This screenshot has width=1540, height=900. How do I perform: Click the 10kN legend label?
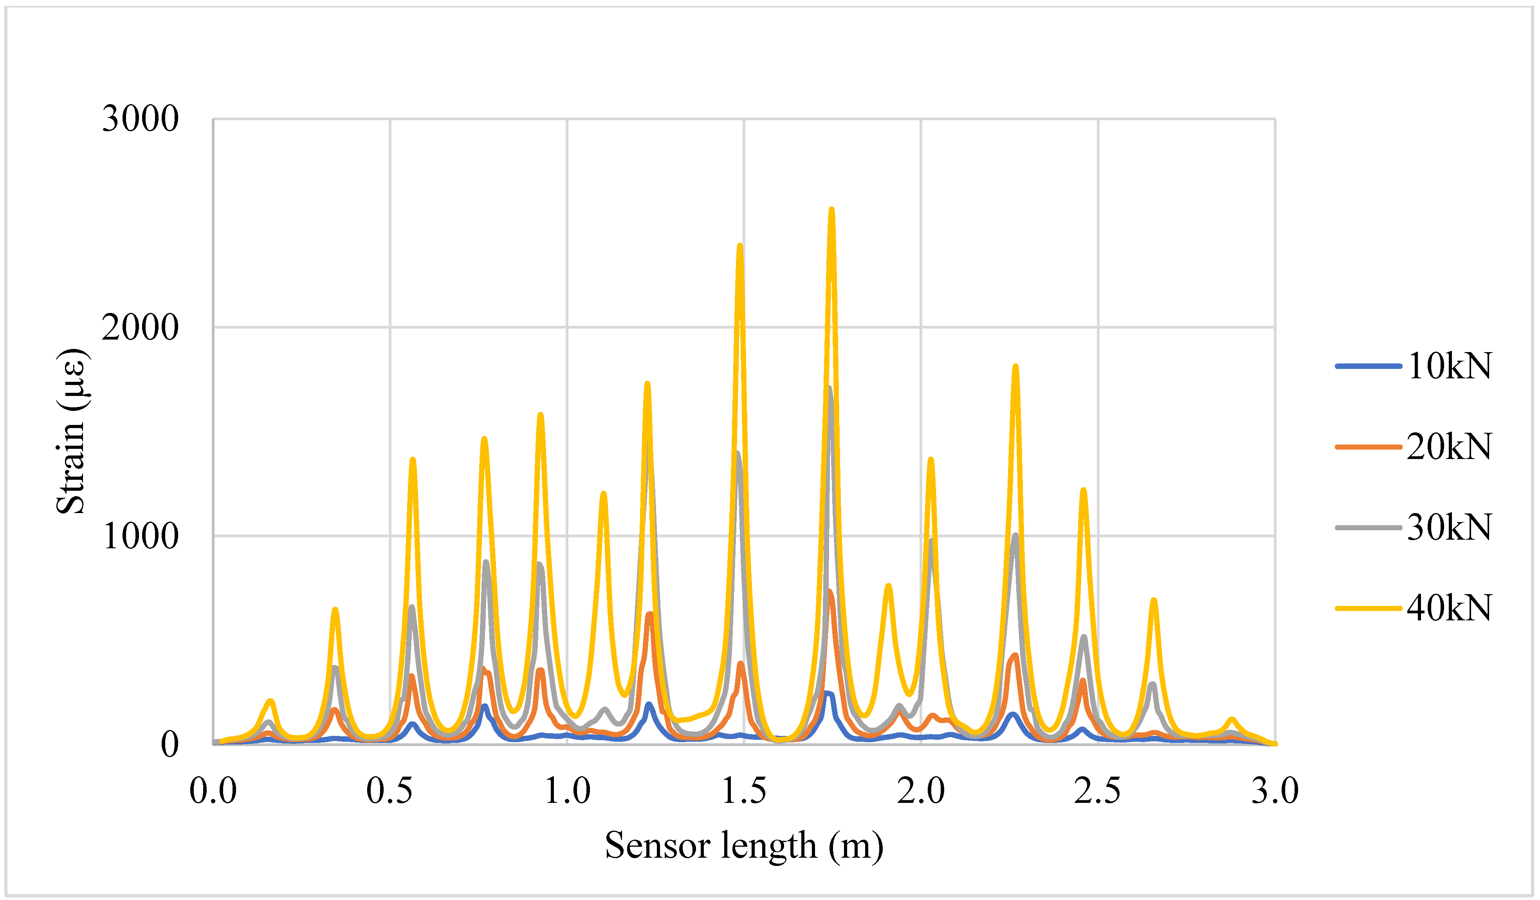click(x=1450, y=367)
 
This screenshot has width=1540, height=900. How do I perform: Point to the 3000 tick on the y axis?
click(x=140, y=119)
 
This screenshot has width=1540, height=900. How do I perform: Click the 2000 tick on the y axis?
click(x=140, y=328)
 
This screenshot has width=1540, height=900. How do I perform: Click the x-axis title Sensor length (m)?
click(x=744, y=846)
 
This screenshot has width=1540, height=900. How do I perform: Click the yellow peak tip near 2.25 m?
click(x=1016, y=366)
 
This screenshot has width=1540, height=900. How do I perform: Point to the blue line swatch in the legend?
click(x=1369, y=366)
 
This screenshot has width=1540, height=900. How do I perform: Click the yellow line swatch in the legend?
click(x=1369, y=608)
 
